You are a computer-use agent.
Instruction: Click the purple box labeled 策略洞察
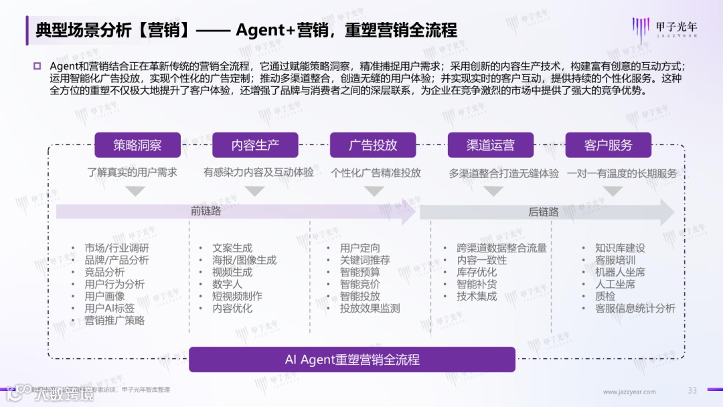click(x=137, y=145)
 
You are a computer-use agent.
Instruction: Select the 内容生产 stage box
click(x=255, y=145)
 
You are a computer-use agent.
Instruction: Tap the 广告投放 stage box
click(x=373, y=145)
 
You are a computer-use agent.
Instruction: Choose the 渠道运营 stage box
click(x=491, y=145)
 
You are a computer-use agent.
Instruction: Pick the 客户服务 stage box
click(x=608, y=145)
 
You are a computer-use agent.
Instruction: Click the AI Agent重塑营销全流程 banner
click(x=352, y=359)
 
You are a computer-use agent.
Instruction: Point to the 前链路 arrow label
click(x=206, y=212)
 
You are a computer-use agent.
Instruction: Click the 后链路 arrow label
click(x=544, y=212)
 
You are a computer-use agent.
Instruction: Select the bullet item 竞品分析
click(x=104, y=272)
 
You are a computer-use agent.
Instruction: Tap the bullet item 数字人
click(x=227, y=284)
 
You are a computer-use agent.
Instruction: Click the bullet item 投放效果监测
click(x=370, y=309)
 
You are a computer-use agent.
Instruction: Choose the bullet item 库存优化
click(x=477, y=272)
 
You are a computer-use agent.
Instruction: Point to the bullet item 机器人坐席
click(x=620, y=272)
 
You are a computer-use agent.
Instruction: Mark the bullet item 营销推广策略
click(x=114, y=321)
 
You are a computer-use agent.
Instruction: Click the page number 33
click(x=692, y=391)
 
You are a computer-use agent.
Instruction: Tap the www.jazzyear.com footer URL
click(x=625, y=392)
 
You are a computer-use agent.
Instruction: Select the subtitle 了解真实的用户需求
click(x=133, y=173)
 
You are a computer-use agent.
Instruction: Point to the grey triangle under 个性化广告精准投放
click(x=376, y=191)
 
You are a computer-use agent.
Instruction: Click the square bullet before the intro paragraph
click(x=37, y=66)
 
